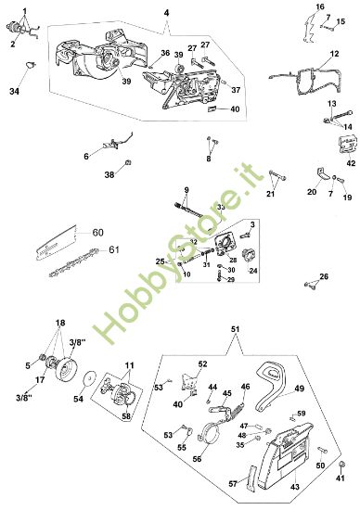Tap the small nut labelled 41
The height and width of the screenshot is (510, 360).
pos(341,464)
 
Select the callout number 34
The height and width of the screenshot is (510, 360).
pos(14,92)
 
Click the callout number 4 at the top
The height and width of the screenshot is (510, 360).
pos(165,12)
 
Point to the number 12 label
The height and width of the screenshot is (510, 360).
pos(333,56)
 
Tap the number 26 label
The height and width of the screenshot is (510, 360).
pos(325,276)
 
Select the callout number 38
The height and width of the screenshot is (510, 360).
pos(109,174)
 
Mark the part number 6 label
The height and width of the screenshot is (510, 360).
pos(86,157)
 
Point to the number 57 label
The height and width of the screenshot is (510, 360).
pos(233,482)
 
